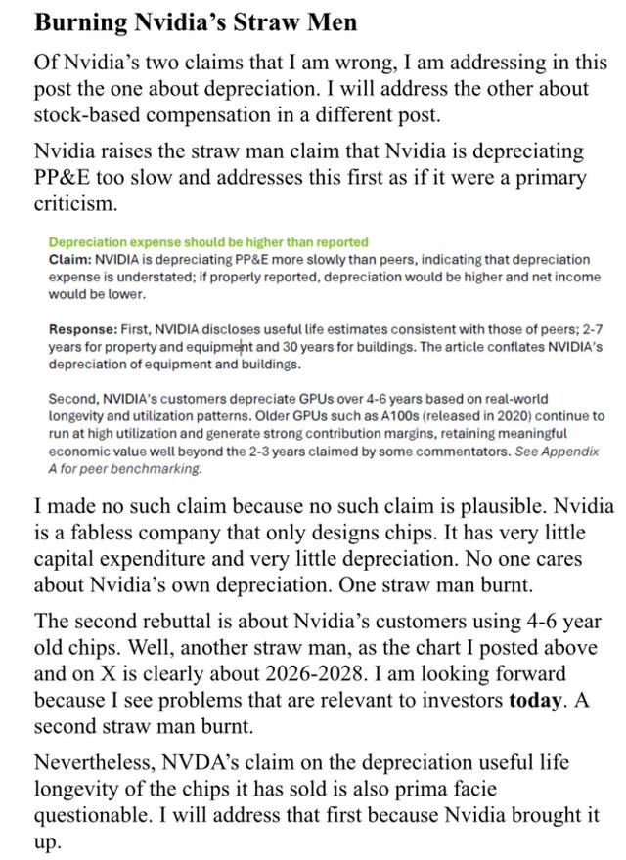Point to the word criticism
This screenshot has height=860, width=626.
click(x=76, y=204)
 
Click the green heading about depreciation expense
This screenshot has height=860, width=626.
click(x=208, y=241)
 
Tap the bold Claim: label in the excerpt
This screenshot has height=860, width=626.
click(x=69, y=259)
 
